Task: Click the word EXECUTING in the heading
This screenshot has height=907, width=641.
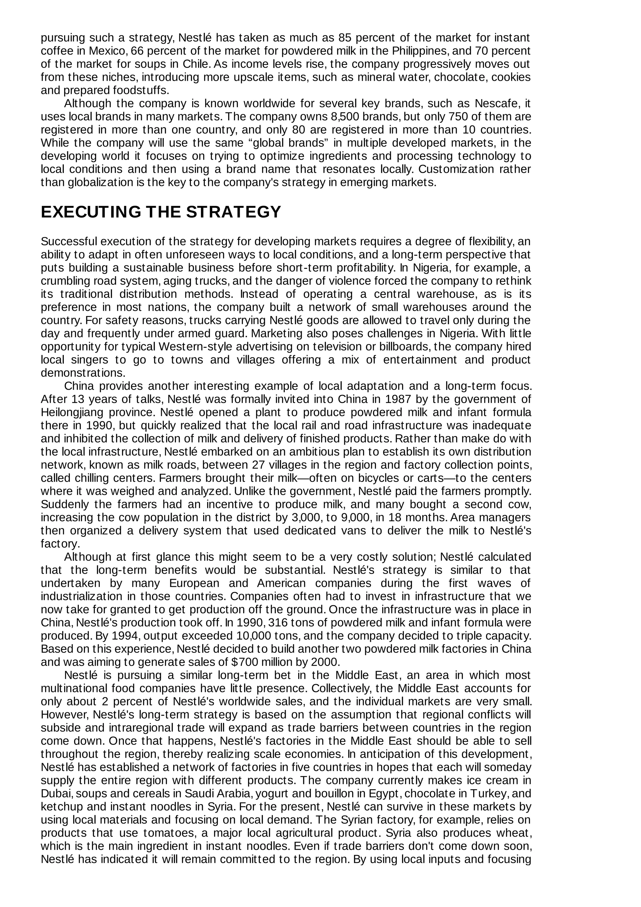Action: (x=91, y=212)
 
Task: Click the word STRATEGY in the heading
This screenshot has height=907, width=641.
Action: (x=233, y=212)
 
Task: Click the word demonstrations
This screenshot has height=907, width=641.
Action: (x=83, y=372)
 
